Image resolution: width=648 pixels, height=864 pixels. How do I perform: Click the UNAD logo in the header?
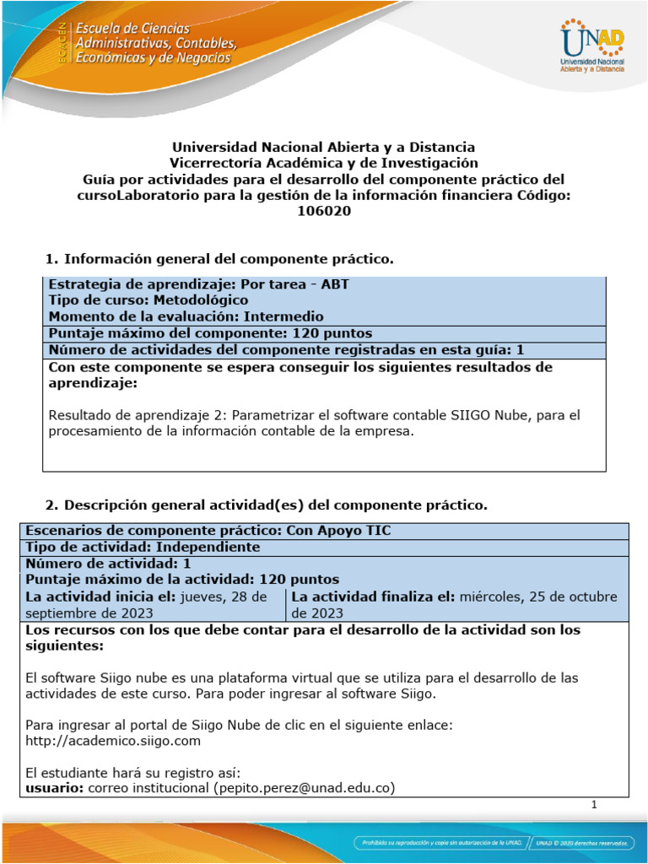point(591,46)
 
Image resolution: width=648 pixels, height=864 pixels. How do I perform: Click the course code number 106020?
point(324,212)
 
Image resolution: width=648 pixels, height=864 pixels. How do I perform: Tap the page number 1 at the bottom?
point(595,805)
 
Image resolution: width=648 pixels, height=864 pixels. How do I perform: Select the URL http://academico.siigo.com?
point(113,741)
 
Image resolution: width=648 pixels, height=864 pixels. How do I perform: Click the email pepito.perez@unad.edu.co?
point(305,788)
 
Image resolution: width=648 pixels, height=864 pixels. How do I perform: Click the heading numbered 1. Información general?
point(219,258)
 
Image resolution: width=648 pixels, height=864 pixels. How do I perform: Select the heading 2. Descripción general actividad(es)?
point(266,505)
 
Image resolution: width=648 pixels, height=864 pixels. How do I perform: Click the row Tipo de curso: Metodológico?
point(148,300)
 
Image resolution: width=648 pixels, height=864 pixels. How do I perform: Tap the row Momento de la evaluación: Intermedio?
point(186,316)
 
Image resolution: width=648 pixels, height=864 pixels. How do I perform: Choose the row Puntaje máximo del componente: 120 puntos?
point(210,333)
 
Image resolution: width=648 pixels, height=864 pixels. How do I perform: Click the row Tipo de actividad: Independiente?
point(143,547)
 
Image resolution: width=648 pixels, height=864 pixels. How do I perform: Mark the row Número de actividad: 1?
point(109,563)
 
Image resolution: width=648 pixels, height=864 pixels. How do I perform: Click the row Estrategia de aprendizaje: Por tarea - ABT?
point(198,283)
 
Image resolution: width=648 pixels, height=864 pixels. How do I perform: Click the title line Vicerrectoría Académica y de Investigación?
point(324,163)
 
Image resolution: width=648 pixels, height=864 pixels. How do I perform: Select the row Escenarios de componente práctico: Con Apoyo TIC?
point(208,531)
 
